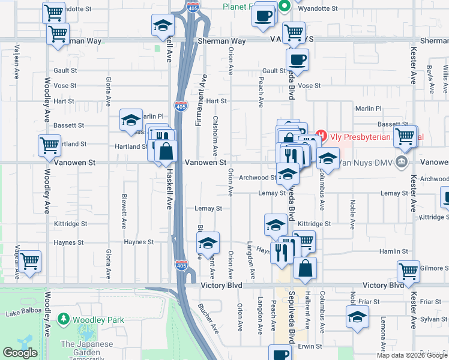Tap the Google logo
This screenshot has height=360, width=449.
pos(20,353)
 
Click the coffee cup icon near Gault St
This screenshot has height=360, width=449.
pos(297,59)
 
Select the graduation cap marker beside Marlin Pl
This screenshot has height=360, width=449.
pos(130,120)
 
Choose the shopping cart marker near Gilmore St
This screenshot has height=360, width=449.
pos(408,271)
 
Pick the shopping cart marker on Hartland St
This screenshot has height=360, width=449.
pos(49,145)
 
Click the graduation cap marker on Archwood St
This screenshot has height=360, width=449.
pos(288,174)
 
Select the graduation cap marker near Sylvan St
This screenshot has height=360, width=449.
pos(357,317)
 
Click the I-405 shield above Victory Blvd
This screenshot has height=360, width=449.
pos(181,265)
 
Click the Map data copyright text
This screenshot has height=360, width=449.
pos(411,355)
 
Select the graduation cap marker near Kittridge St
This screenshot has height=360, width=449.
pos(275,225)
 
